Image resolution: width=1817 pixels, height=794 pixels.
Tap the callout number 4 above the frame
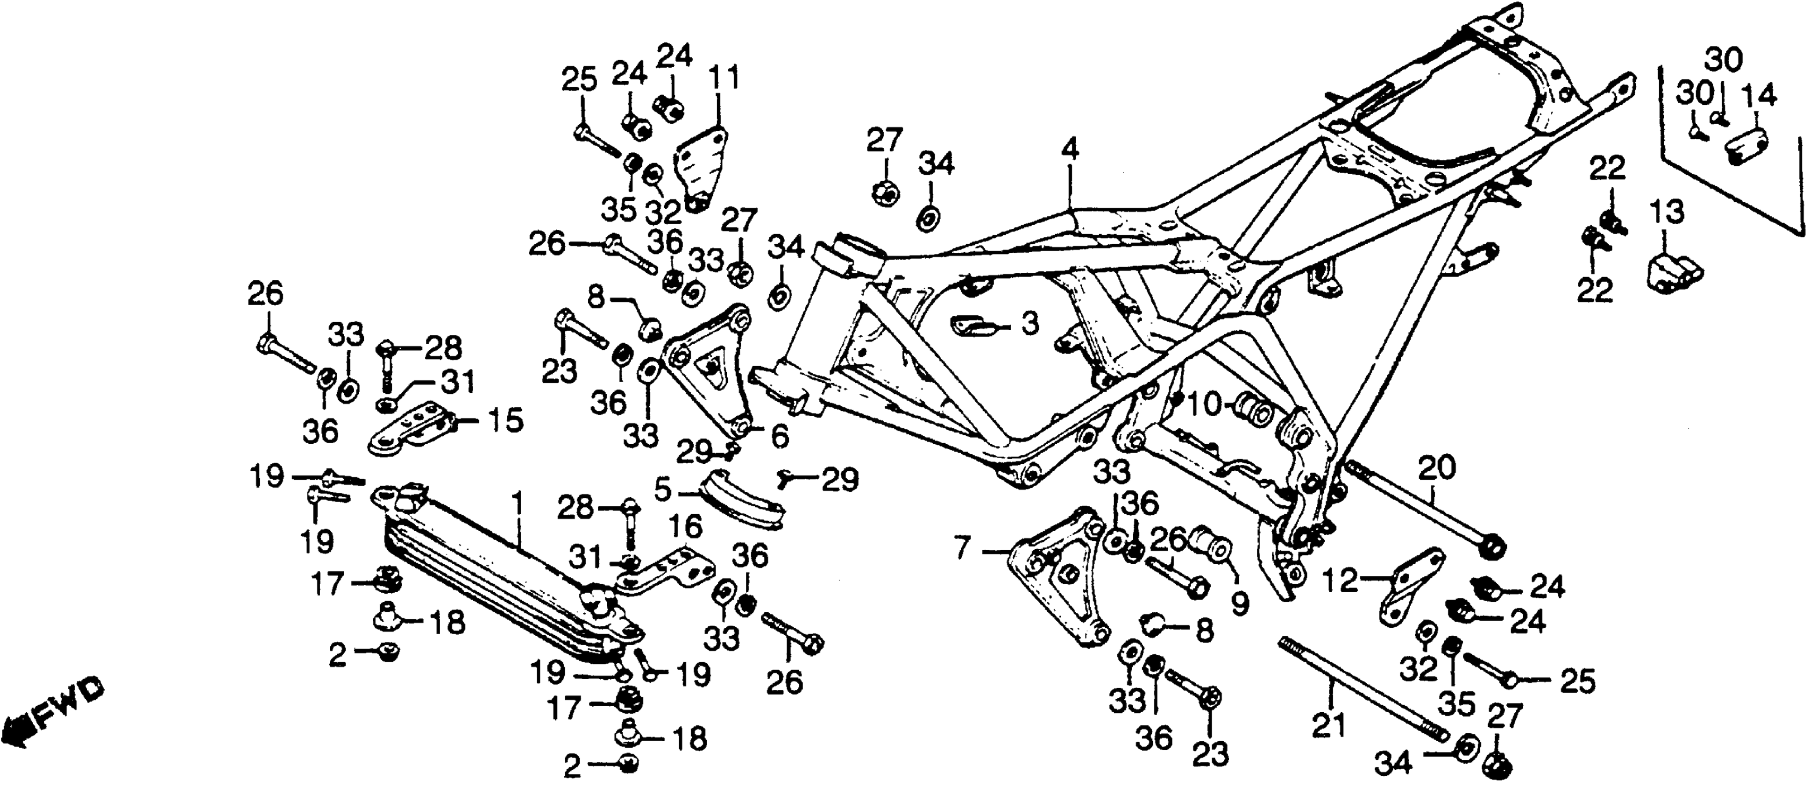click(x=1070, y=150)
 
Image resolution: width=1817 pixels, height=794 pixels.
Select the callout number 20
click(x=1437, y=468)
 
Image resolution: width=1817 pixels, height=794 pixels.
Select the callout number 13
click(x=1668, y=212)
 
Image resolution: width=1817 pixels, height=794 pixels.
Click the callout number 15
click(x=504, y=421)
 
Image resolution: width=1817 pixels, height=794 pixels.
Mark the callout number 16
click(x=686, y=527)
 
